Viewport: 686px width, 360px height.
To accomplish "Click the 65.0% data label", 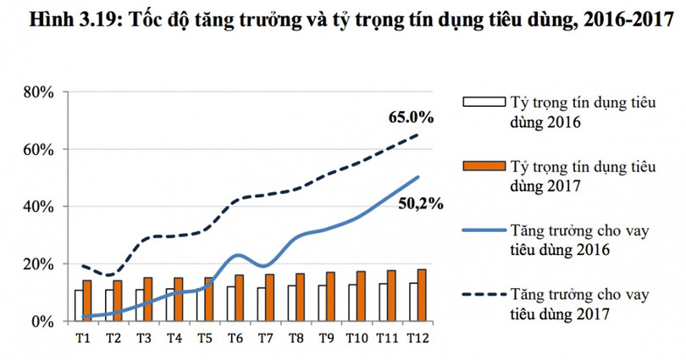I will (412, 117).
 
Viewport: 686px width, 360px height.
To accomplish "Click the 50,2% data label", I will (422, 203).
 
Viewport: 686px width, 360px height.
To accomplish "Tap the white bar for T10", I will (350, 303).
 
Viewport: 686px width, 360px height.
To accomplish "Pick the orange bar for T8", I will (301, 297).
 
